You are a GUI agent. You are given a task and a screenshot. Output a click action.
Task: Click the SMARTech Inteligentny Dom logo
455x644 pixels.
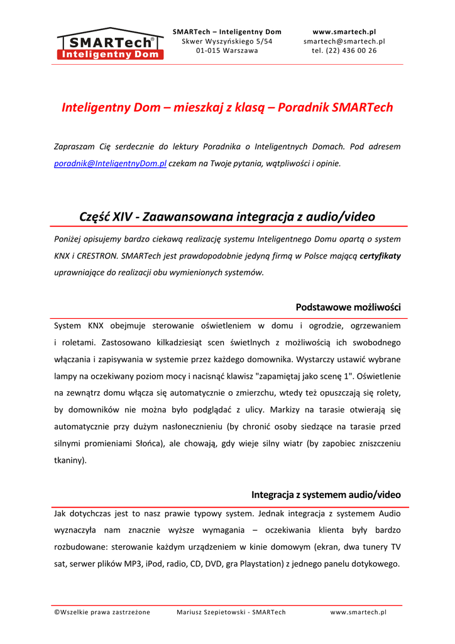pyautogui.click(x=111, y=44)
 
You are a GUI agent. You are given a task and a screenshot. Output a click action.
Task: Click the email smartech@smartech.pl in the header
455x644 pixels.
pyautogui.click(x=344, y=42)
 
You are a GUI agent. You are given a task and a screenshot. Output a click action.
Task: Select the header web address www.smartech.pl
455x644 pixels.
pyautogui.click(x=344, y=31)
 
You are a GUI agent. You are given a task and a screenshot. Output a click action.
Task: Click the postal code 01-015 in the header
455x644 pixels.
pyautogui.click(x=208, y=51)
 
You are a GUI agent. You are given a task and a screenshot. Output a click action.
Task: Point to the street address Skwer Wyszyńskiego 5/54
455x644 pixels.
pyautogui.click(x=227, y=42)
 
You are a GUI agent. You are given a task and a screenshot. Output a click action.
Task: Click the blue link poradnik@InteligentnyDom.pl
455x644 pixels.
pyautogui.click(x=110, y=164)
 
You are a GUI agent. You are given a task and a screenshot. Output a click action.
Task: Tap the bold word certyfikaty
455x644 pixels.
pyautogui.click(x=380, y=256)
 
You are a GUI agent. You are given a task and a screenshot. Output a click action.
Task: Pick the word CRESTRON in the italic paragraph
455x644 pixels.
pyautogui.click(x=96, y=256)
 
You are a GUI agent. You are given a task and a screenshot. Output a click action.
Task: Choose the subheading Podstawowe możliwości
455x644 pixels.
pyautogui.click(x=348, y=308)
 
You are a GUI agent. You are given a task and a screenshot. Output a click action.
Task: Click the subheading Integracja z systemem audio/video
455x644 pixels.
pyautogui.click(x=326, y=495)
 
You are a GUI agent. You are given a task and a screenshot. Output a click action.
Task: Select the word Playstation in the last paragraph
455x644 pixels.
pyautogui.click(x=257, y=564)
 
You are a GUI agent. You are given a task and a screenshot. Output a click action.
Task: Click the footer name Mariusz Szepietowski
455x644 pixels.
pyautogui.click(x=212, y=612)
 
